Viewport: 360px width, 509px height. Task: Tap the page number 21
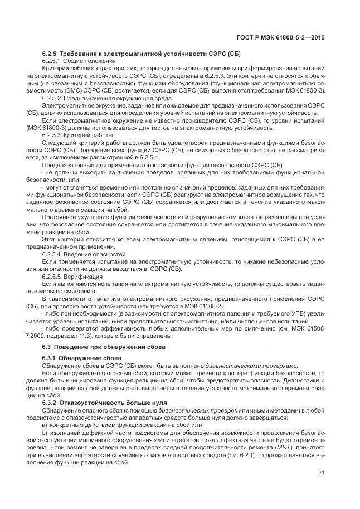click(322, 473)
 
